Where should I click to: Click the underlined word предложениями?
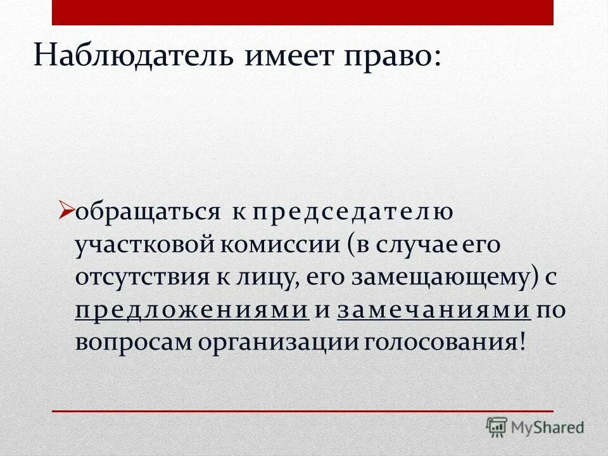(x=192, y=310)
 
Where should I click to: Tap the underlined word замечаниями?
(x=434, y=310)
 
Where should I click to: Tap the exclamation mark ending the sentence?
(x=522, y=341)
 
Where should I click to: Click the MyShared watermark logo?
(x=535, y=427)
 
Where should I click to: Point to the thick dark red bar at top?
(x=303, y=12)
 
